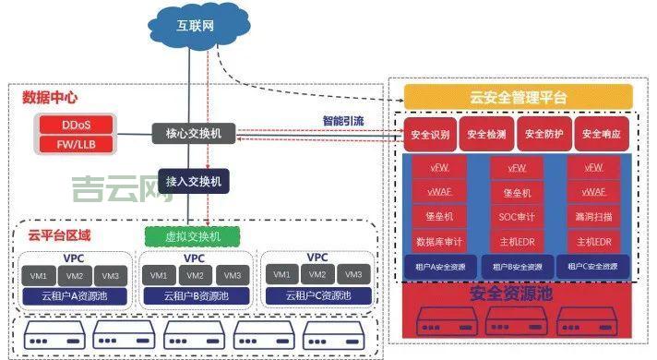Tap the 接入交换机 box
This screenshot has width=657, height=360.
[194, 180]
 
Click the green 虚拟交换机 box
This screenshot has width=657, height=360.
[193, 236]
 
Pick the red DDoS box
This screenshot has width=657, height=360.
[76, 125]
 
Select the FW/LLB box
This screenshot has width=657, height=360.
[76, 144]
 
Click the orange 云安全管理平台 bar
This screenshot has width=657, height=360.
[519, 96]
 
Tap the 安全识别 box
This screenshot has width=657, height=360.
[429, 135]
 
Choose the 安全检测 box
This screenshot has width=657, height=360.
[487, 135]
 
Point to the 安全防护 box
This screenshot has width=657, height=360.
[545, 135]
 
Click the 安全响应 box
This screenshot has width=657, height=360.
[603, 135]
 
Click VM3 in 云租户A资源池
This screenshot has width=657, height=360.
[110, 276]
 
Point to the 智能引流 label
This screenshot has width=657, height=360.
[342, 121]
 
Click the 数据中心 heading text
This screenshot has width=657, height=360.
[48, 97]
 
